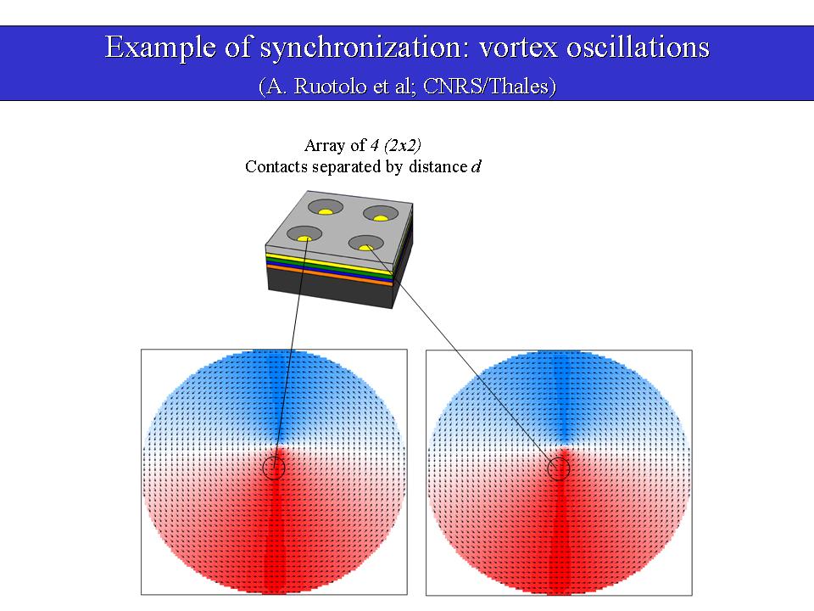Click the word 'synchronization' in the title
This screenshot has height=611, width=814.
click(360, 48)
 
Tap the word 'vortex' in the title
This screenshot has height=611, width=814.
click(518, 48)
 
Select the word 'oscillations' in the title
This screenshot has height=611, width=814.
click(638, 47)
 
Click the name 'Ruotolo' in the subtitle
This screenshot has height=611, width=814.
click(330, 87)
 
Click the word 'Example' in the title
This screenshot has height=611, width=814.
click(160, 48)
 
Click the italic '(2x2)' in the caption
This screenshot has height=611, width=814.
click(402, 145)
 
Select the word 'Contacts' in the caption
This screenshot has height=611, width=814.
click(276, 167)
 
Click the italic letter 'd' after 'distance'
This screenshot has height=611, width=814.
click(476, 166)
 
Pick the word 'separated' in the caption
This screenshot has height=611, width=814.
click(347, 167)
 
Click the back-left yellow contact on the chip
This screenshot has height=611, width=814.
click(325, 211)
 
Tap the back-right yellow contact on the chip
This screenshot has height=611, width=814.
click(381, 218)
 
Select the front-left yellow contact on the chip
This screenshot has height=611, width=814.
click(304, 238)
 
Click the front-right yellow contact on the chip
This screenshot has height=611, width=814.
click(366, 247)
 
